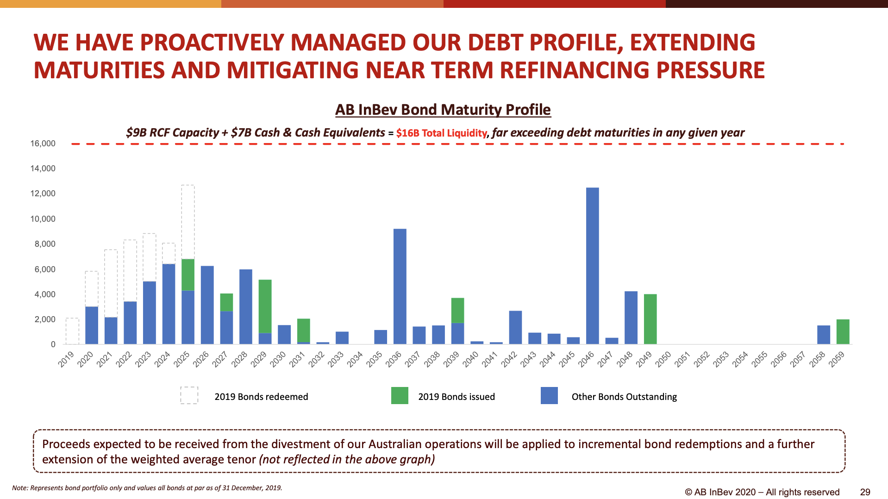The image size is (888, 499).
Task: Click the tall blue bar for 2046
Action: tap(592, 266)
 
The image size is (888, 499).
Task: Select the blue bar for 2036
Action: tap(400, 287)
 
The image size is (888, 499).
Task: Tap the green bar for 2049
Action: tap(650, 319)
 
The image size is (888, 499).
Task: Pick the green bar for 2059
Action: tap(843, 332)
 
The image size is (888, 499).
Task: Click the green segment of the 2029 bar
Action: tap(265, 306)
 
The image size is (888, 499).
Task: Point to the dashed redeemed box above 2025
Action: tap(188, 222)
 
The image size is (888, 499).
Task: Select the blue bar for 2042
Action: tap(515, 328)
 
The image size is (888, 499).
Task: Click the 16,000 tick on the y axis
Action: tap(43, 143)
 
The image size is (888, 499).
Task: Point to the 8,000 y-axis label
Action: tap(45, 244)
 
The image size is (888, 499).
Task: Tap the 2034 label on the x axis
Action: tap(355, 359)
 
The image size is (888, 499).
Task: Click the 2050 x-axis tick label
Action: tap(663, 359)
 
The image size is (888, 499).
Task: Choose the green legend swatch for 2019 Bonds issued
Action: tap(400, 396)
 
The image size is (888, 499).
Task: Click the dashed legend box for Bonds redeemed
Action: tap(189, 396)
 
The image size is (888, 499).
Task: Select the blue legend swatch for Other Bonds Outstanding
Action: tap(549, 396)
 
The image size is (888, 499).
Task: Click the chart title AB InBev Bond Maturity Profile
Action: tap(443, 110)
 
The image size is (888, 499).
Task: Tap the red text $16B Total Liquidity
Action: tap(442, 133)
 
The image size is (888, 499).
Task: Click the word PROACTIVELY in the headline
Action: tap(212, 43)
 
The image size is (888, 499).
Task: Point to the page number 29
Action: tap(865, 492)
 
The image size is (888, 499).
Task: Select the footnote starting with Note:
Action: tap(147, 488)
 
